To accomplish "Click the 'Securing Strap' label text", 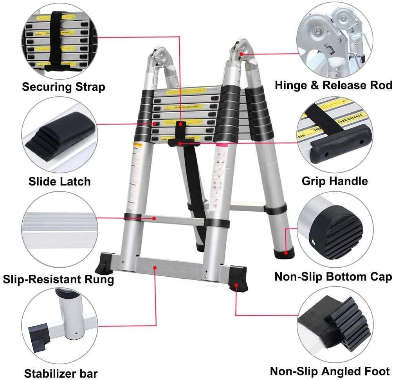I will point(63,86).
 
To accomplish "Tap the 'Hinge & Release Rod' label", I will point(333,85).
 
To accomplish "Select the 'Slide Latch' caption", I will point(59,181).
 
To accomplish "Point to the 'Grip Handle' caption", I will point(335,181).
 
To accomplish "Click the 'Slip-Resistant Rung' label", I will point(58,279).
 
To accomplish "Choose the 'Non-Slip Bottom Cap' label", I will point(333,277).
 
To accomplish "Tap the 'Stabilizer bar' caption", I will point(61,373).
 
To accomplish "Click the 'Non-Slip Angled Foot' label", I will point(330,371).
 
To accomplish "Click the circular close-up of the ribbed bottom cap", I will point(335,231).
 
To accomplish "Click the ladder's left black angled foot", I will point(106,263).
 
